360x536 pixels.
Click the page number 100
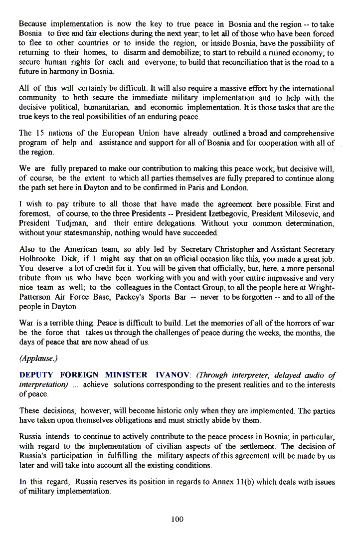coord(177,519)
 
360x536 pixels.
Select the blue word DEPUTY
coord(36,375)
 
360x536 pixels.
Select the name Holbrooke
coord(37,259)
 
